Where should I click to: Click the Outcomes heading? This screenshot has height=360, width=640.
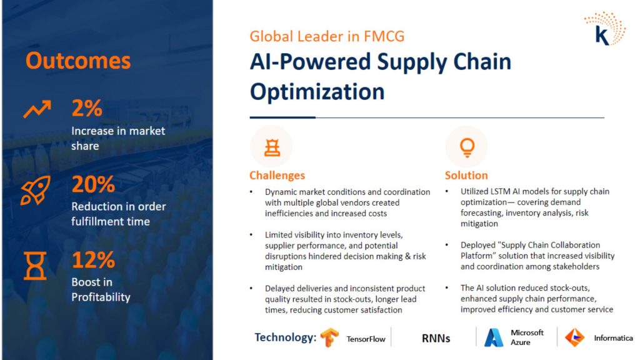coord(78,61)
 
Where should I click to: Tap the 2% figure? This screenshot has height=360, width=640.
coord(86,108)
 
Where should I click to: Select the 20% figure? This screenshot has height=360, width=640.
coord(93,184)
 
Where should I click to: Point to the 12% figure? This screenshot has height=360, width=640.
coord(93,259)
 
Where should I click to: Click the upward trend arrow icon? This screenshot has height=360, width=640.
coord(37,109)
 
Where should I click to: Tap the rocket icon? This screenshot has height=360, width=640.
coord(36,190)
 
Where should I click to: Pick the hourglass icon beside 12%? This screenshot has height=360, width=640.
coord(35,266)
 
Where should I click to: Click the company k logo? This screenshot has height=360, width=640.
coord(605,29)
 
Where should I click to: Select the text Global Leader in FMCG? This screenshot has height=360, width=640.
coord(327,36)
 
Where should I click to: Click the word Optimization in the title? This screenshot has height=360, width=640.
coord(317,91)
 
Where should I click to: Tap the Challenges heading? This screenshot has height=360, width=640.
coord(277,175)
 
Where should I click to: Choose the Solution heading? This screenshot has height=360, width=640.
coord(466,175)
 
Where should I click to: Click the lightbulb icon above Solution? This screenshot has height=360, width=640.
coord(467,147)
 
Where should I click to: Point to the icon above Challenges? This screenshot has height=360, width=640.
coord(272,147)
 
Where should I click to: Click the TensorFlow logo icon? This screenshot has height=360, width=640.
coord(329,337)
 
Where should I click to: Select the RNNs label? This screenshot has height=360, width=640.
coord(436,338)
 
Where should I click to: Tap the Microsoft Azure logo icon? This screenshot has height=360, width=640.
coord(494,337)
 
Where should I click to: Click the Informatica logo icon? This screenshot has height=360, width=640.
coord(575,337)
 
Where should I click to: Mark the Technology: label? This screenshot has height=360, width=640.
coord(285,337)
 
